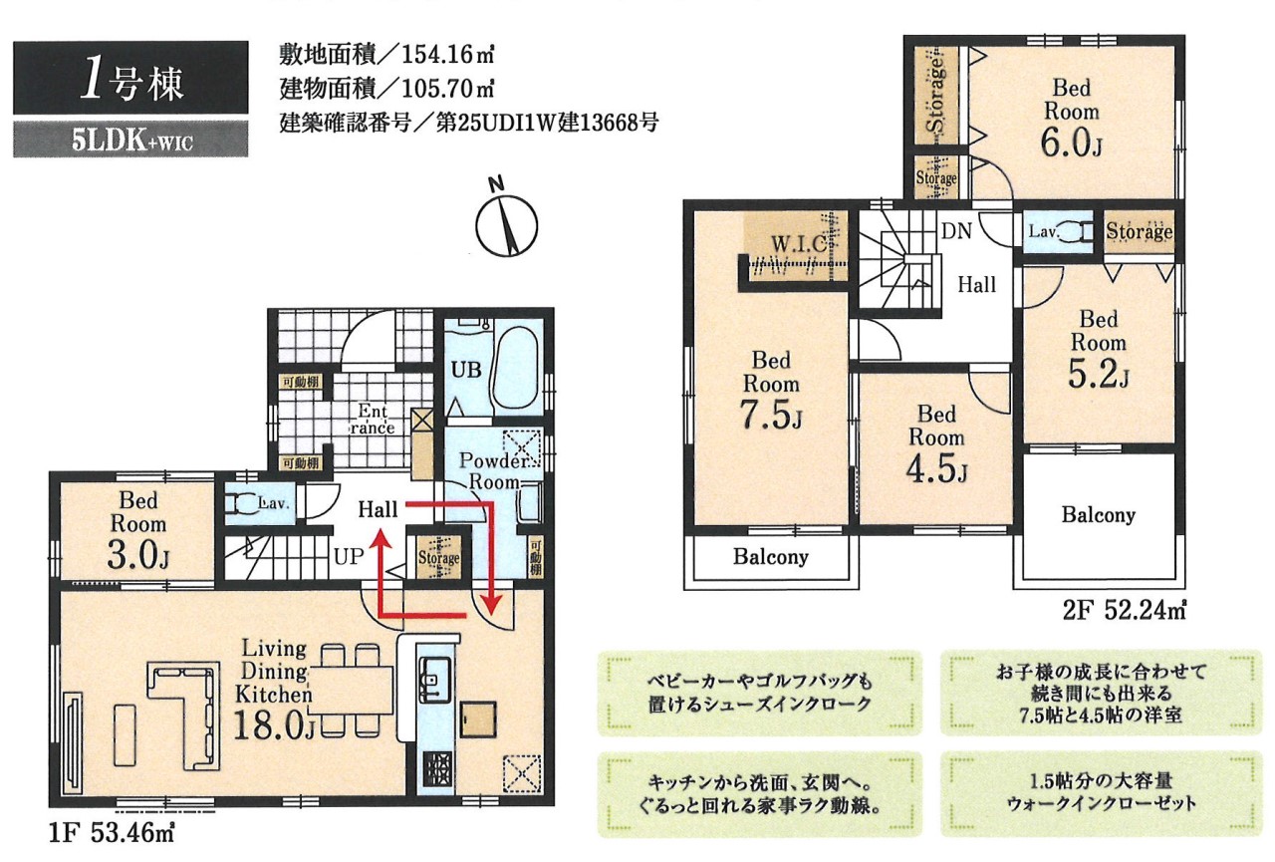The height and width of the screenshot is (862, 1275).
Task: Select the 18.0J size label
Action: point(274,726)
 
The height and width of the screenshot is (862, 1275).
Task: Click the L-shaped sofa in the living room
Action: point(188,712)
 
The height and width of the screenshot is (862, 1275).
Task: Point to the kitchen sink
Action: point(436,680)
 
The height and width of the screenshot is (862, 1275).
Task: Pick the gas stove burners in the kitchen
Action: point(436,769)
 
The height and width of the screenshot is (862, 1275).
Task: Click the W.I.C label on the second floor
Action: point(799,244)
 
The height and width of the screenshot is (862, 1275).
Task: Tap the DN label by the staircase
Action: point(956,231)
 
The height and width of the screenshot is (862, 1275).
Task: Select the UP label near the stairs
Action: point(349,556)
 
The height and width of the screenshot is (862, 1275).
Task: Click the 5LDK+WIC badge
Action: point(130,140)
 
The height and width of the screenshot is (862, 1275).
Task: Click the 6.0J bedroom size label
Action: point(1071,142)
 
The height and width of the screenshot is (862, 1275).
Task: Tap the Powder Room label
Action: point(493,470)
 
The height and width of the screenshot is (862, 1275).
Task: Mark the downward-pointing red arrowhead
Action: point(492,604)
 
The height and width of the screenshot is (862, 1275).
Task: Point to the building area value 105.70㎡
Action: point(448,88)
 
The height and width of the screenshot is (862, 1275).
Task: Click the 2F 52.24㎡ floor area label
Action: point(1125,610)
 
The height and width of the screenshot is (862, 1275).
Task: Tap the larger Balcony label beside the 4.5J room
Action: point(1098,514)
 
